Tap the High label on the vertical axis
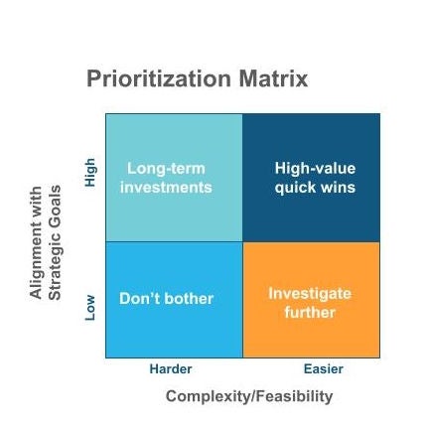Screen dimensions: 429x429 point(90,146)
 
